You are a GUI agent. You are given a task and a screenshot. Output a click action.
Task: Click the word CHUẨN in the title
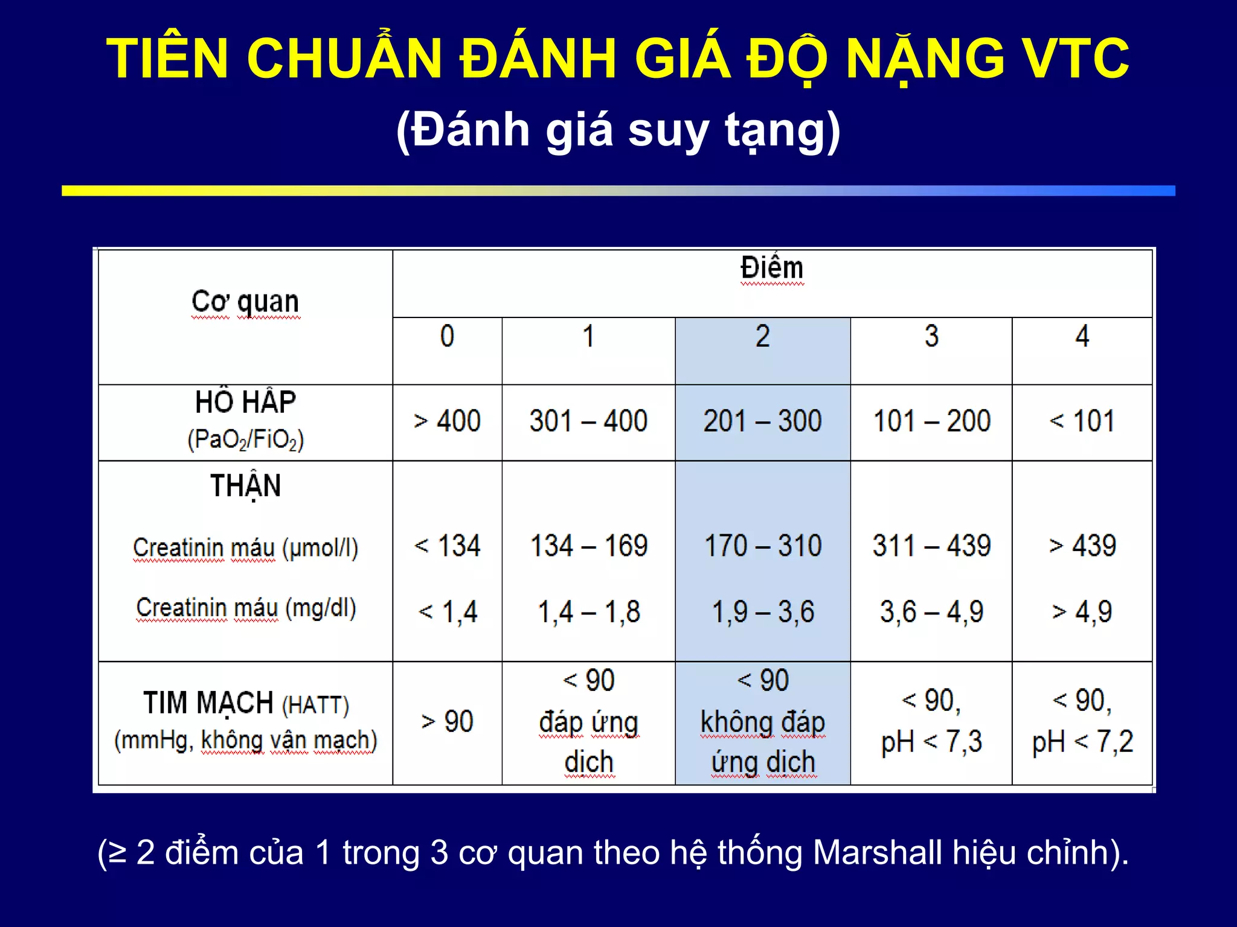pos(344,59)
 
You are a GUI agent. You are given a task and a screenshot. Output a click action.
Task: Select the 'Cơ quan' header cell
pos(245,302)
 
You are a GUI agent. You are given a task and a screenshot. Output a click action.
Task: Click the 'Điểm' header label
pos(772,268)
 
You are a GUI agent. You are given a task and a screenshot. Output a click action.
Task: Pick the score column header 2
pos(762,336)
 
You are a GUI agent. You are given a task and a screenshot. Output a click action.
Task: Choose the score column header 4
pos(1082,336)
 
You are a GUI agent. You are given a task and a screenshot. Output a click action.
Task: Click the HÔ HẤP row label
pos(245,403)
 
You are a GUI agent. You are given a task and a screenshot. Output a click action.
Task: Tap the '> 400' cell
pos(447,421)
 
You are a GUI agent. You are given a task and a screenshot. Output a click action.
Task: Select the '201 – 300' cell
pos(762,421)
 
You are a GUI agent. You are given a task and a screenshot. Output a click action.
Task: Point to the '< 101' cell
pos(1082,421)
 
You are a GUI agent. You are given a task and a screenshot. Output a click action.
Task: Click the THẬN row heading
pos(245,486)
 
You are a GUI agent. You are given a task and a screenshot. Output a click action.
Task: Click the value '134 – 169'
pos(588,546)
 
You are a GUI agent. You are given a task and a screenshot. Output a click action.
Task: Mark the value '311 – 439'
pos(931,546)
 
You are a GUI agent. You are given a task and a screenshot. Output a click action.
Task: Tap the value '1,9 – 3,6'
pos(763,612)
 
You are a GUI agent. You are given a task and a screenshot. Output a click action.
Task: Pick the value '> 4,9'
pos(1082,612)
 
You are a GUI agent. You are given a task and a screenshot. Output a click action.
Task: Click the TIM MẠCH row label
pos(208,703)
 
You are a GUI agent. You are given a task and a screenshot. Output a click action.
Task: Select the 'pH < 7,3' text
pos(931,742)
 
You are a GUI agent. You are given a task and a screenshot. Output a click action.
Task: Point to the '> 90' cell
pos(447,722)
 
